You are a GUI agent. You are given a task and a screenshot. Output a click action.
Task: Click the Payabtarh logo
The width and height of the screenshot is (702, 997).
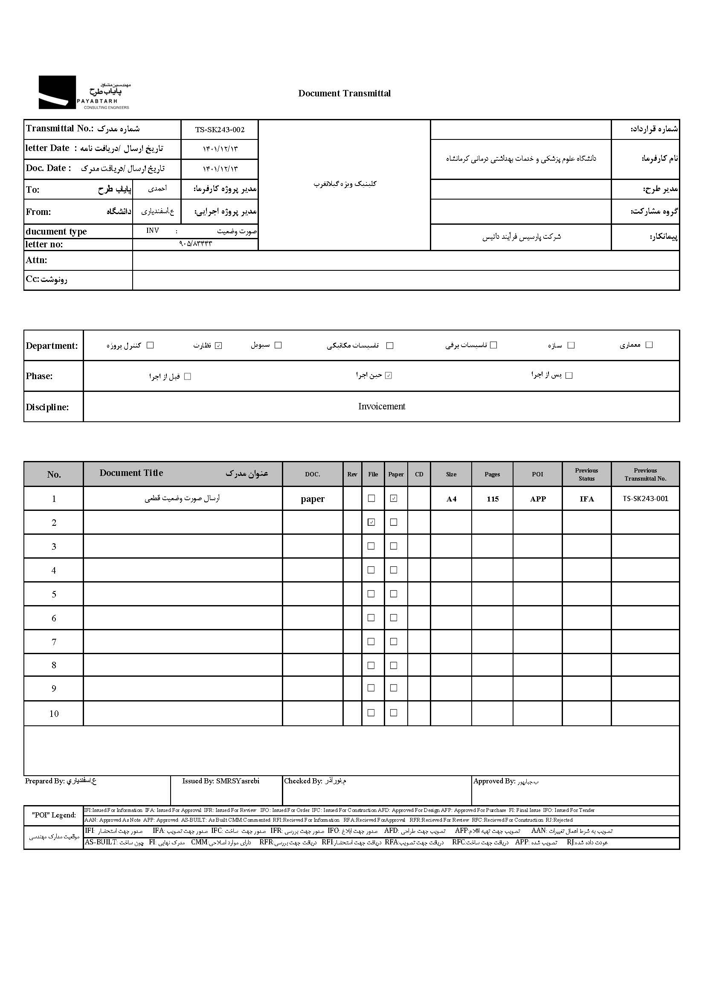(x=84, y=93)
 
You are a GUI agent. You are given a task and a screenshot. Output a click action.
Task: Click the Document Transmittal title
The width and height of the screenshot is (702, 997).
(x=344, y=93)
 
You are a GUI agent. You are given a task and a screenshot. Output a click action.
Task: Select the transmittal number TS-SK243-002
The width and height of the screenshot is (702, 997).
(x=219, y=130)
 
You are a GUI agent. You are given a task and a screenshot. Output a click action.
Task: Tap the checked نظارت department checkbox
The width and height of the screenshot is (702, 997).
(x=218, y=346)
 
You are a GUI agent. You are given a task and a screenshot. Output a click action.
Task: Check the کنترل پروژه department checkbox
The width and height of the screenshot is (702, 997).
(x=150, y=345)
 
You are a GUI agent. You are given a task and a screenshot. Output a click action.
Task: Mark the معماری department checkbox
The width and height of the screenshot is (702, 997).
(x=649, y=345)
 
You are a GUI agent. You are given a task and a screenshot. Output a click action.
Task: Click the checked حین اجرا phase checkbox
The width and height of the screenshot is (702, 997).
(x=389, y=376)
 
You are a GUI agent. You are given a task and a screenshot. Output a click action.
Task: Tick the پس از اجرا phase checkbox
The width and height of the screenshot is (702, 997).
(x=569, y=376)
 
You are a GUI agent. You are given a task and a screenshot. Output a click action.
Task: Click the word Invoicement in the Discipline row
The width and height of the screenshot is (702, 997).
(x=381, y=406)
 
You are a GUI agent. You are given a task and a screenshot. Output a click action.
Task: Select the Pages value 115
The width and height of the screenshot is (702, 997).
(x=493, y=499)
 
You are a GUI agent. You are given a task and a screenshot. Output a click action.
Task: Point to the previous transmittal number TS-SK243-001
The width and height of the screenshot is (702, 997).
(x=645, y=498)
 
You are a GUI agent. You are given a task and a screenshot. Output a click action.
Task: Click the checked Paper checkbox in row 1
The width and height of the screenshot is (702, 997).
(x=394, y=498)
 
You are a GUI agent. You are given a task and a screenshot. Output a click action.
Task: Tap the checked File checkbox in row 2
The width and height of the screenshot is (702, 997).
(x=371, y=522)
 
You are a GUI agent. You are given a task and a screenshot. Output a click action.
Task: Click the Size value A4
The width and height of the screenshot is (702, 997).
(x=451, y=499)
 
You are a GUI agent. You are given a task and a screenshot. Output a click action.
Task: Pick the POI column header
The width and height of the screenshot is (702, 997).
(x=537, y=474)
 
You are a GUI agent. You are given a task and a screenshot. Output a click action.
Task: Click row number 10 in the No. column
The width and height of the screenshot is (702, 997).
(x=54, y=713)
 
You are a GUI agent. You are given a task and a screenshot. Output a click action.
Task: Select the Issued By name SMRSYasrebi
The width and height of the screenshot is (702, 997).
(x=238, y=781)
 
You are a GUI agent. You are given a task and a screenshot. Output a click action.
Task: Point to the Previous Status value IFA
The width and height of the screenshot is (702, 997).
(x=586, y=499)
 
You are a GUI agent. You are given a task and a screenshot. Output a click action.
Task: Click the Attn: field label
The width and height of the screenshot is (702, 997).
(x=37, y=260)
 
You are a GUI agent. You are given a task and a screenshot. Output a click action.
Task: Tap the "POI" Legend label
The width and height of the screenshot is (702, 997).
(x=54, y=815)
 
